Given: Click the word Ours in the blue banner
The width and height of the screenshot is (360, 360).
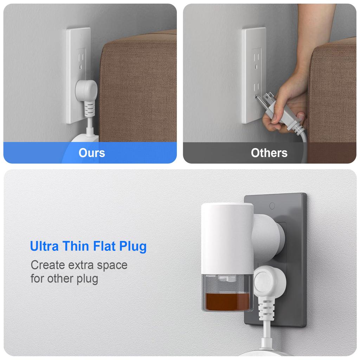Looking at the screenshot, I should pos(91,153).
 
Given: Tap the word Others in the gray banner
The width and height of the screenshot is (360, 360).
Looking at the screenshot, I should pos(269,153).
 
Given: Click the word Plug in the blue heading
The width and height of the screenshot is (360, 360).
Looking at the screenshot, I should pos(133,247).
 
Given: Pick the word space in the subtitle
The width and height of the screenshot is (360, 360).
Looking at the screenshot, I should pos(113,265).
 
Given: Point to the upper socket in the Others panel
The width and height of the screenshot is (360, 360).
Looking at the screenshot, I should pos(256,58).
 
